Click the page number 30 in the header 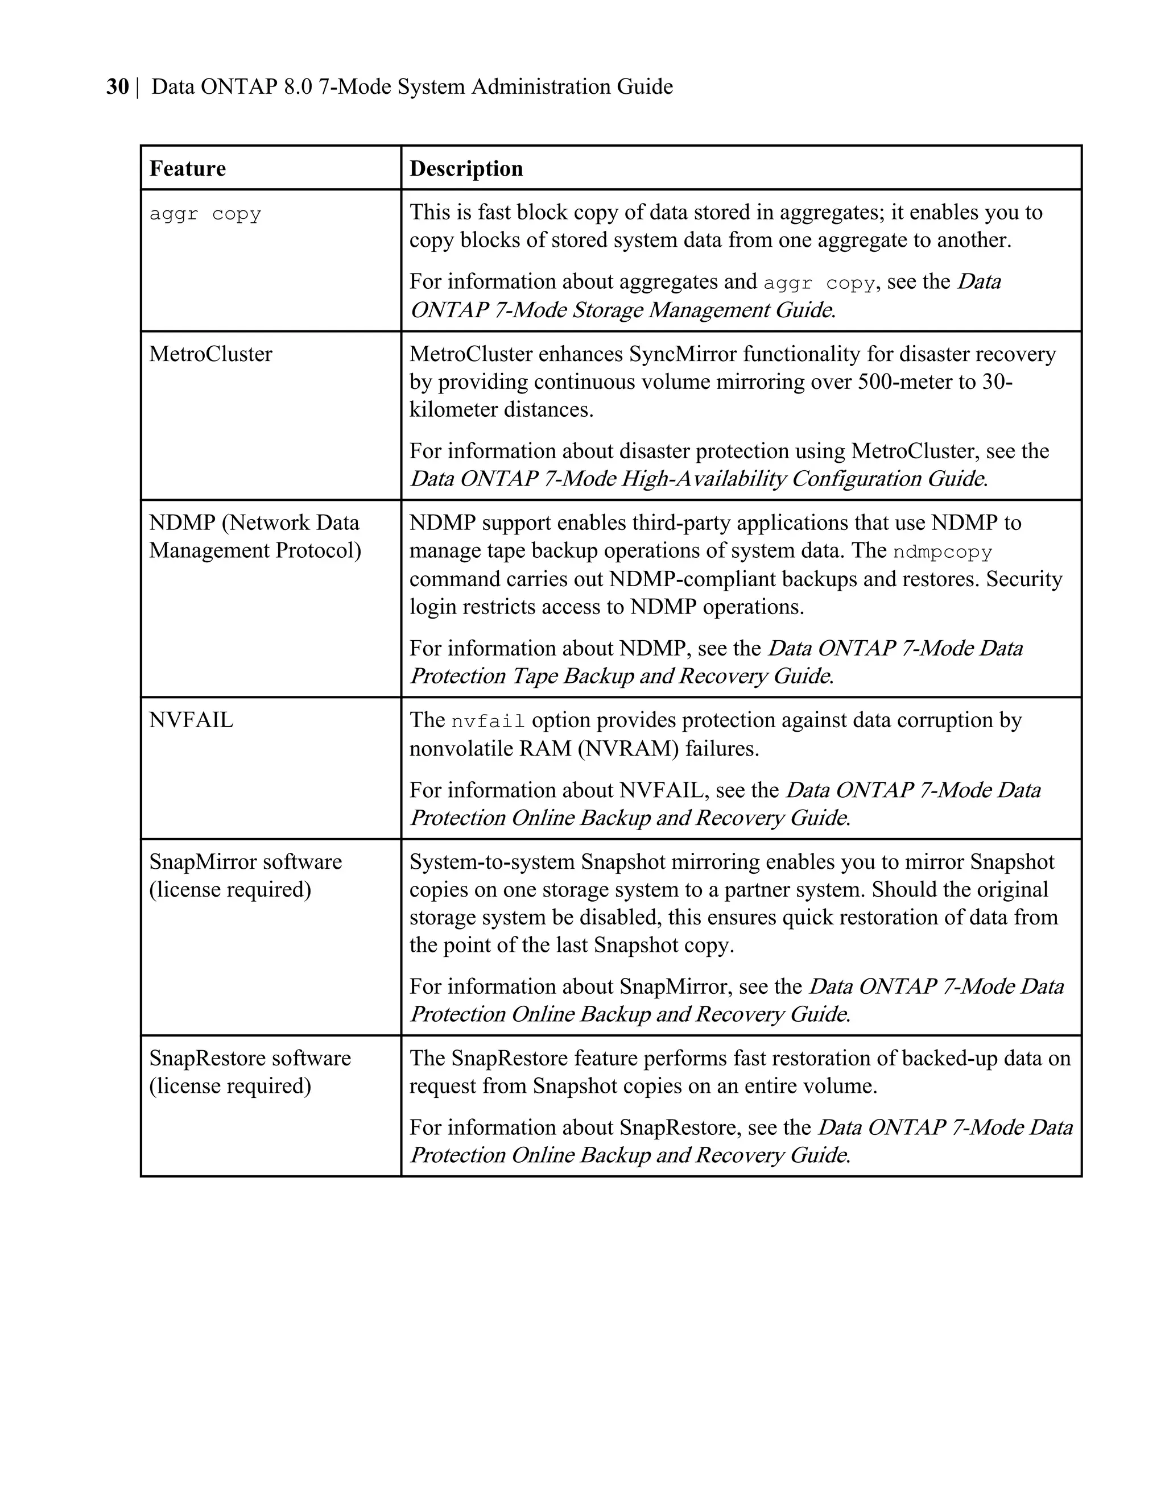click(x=117, y=87)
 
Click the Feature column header click(x=187, y=169)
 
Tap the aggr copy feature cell click(x=205, y=214)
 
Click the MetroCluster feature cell click(x=210, y=354)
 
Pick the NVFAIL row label click(x=191, y=720)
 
